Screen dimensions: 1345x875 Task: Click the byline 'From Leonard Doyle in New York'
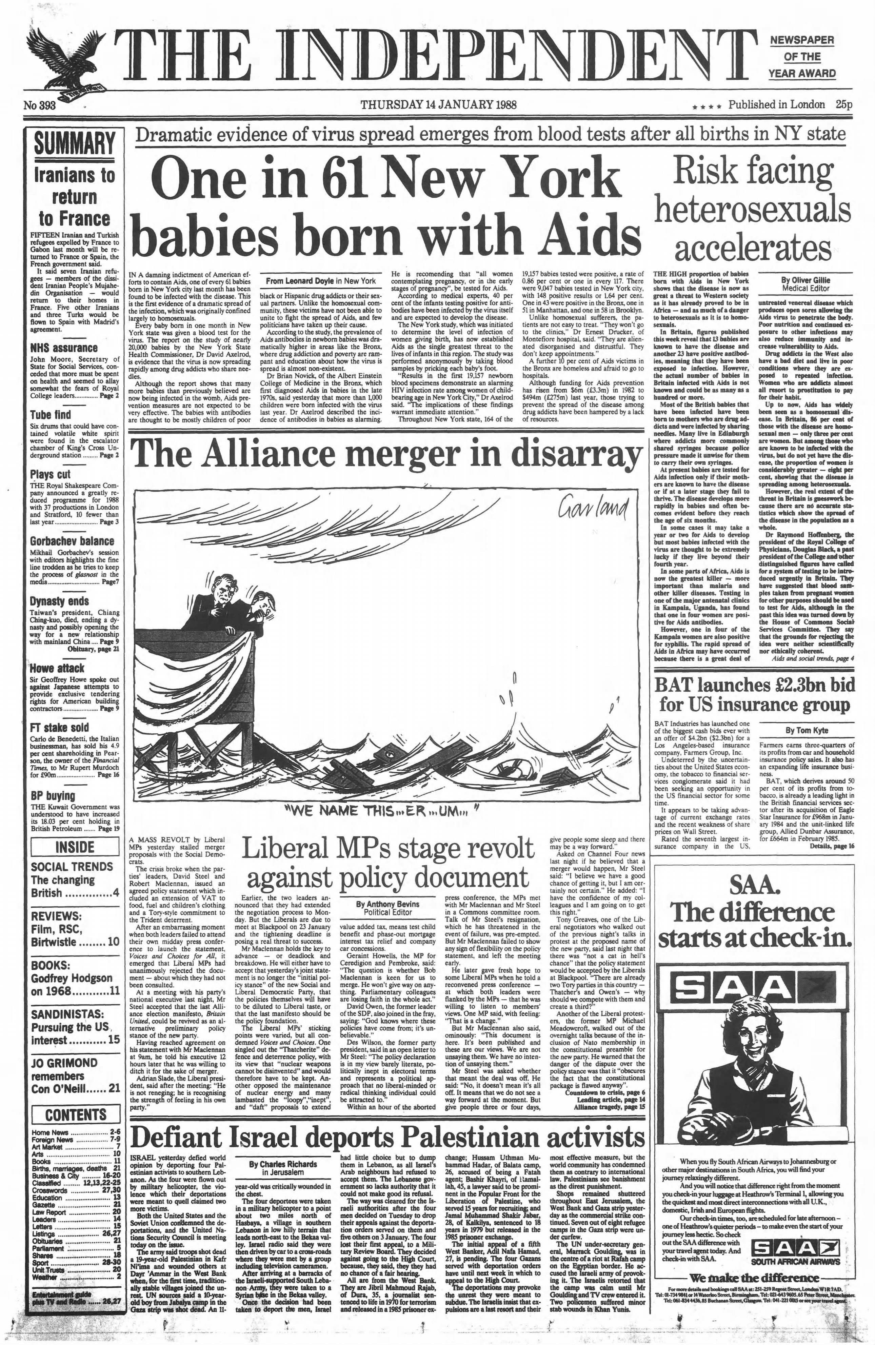click(321, 280)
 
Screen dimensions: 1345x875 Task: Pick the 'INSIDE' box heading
click(75, 847)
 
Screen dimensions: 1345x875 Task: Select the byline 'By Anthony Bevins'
click(385, 904)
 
